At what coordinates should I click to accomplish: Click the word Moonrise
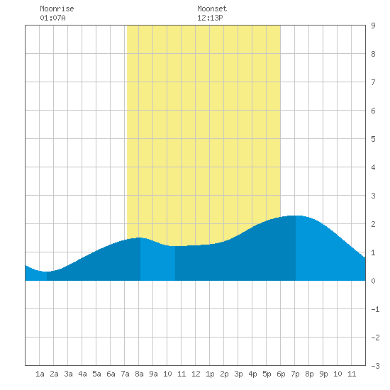pyautogui.click(x=57, y=9)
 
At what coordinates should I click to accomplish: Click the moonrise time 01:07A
pyautogui.click(x=52, y=18)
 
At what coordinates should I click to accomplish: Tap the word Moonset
pyautogui.click(x=212, y=9)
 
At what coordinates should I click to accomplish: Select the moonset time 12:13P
pyautogui.click(x=210, y=18)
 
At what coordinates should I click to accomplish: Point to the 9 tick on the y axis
pyautogui.click(x=373, y=26)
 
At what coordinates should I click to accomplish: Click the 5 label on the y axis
pyautogui.click(x=373, y=139)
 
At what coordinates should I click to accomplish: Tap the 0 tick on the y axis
pyautogui.click(x=373, y=281)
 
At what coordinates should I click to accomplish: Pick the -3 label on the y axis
pyautogui.click(x=375, y=366)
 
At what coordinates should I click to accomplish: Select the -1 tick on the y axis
pyautogui.click(x=375, y=309)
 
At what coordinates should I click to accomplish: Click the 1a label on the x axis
pyautogui.click(x=40, y=374)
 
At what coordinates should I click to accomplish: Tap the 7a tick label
pyautogui.click(x=125, y=374)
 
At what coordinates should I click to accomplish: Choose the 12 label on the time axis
pyautogui.click(x=196, y=374)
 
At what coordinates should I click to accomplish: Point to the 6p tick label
pyautogui.click(x=281, y=374)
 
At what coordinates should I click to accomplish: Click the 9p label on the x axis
pyautogui.click(x=323, y=374)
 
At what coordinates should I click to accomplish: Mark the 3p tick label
pyautogui.click(x=238, y=374)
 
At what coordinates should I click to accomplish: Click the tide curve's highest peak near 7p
pyautogui.click(x=296, y=216)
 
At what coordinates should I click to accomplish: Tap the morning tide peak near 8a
pyautogui.click(x=140, y=238)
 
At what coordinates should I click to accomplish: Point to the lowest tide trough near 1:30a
pyautogui.click(x=46, y=272)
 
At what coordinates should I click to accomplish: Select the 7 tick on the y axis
pyautogui.click(x=373, y=82)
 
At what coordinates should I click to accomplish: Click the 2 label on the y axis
pyautogui.click(x=373, y=224)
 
